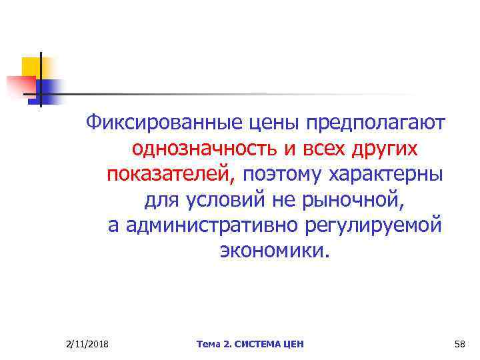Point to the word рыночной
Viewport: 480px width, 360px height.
tap(353, 199)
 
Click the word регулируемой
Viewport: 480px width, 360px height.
tap(375, 225)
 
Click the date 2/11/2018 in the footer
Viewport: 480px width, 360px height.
tap(88, 343)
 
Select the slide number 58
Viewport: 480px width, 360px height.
tap(459, 343)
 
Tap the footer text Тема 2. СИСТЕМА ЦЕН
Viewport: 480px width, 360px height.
tap(250, 343)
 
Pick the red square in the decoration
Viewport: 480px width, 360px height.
tap(18, 85)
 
